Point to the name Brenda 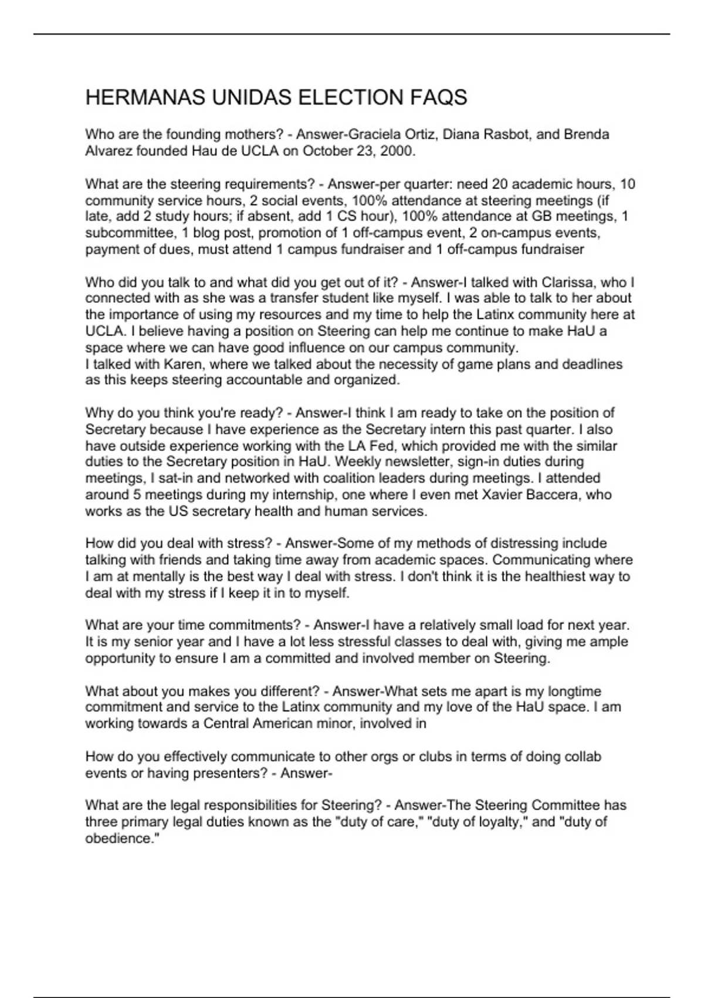587,134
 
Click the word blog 205,233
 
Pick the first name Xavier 502,495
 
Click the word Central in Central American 226,724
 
